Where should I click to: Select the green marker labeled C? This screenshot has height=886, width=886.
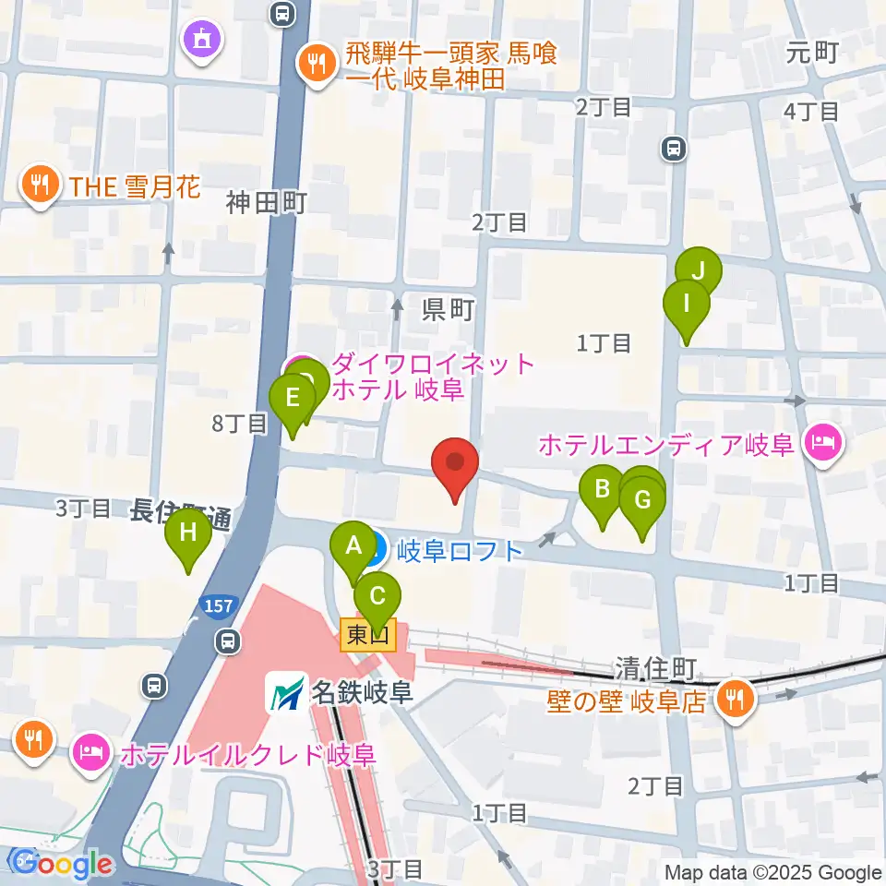(377, 597)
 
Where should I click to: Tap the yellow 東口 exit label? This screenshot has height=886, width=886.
(368, 635)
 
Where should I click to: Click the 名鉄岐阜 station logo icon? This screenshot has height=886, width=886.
(285, 691)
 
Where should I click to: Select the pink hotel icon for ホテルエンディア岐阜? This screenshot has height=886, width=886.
(821, 444)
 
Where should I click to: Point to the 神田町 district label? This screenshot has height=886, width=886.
(266, 203)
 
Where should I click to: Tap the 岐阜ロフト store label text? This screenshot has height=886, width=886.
(460, 552)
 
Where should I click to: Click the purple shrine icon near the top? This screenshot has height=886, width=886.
(202, 39)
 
